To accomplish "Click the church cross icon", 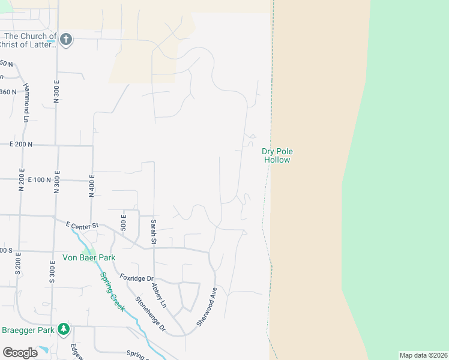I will [x=66, y=40].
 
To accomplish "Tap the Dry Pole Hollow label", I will [x=277, y=156].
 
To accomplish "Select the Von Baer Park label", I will [x=89, y=257].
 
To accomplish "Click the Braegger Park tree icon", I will [x=64, y=329].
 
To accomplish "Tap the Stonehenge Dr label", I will [x=150, y=313].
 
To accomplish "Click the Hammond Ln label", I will [x=26, y=100].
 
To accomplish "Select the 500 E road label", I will [x=124, y=222].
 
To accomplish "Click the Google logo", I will [x=20, y=353].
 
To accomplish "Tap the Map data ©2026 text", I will [x=423, y=355].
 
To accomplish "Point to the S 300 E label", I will [x=52, y=271].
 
